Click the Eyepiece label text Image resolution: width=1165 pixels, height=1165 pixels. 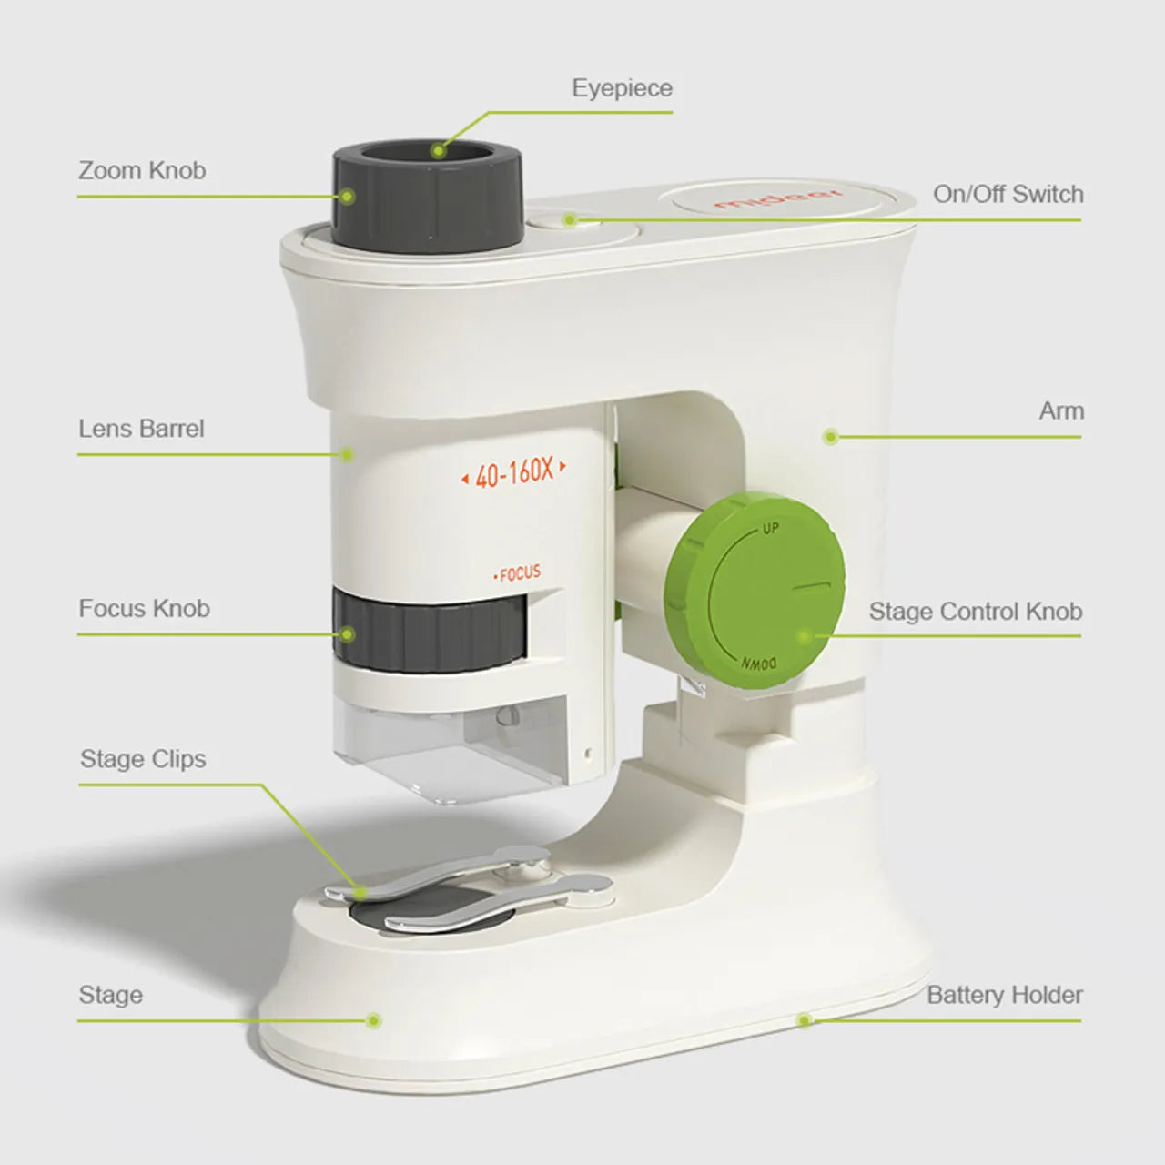click(x=622, y=88)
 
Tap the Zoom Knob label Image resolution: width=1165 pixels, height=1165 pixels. click(x=142, y=170)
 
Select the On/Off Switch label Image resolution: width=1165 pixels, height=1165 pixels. click(x=1008, y=194)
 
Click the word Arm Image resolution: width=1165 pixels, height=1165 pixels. click(x=1061, y=410)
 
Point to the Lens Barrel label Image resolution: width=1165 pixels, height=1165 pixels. click(x=141, y=428)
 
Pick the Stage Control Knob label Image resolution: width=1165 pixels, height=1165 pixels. click(x=975, y=611)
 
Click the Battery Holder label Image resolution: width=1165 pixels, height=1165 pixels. click(x=1004, y=995)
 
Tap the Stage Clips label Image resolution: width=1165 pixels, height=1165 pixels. click(x=143, y=758)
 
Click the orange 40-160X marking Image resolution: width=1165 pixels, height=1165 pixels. click(x=514, y=472)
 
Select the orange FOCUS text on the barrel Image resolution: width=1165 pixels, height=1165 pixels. click(x=518, y=573)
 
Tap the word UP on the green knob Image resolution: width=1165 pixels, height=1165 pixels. click(x=771, y=529)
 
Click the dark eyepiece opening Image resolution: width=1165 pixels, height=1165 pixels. click(x=428, y=152)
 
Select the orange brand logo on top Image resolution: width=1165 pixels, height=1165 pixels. click(x=778, y=199)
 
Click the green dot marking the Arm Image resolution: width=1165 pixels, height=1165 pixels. click(x=830, y=437)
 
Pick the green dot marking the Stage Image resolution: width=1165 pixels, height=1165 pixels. click(x=372, y=1020)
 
